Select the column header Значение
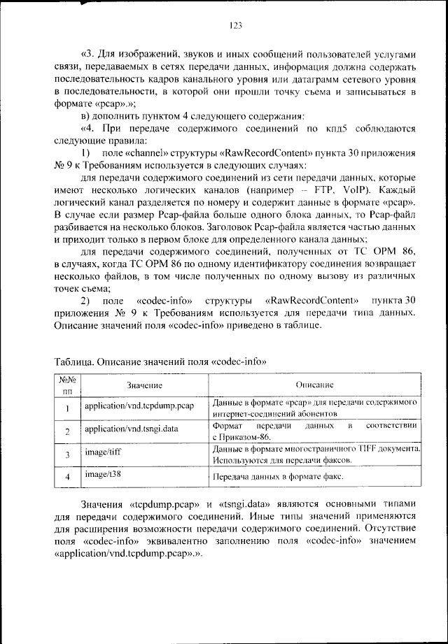coord(145,385)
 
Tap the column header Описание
coord(314,385)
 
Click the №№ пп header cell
coord(67,385)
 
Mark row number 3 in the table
coord(67,456)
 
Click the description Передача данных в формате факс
coord(277,478)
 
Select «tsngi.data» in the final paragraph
coord(242,503)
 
